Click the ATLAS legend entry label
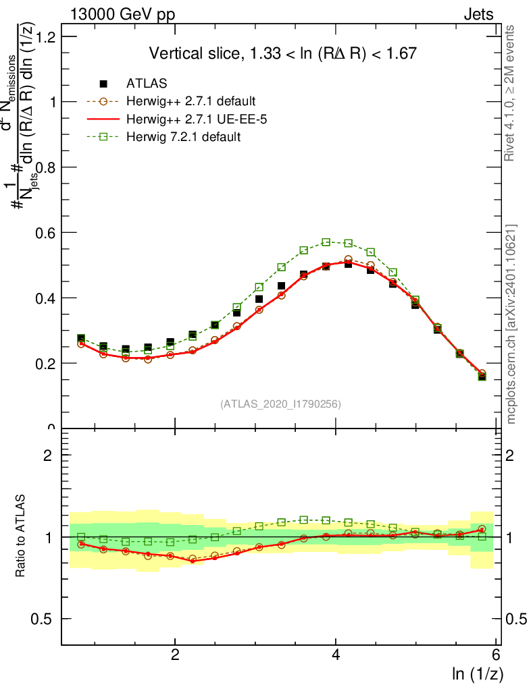[147, 84]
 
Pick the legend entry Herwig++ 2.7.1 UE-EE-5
[190, 119]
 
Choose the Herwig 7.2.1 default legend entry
[183, 137]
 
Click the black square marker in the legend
[103, 84]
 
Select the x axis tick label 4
[336, 655]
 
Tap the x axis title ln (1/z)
[478, 673]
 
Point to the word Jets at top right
[478, 15]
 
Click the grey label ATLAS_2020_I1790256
[280, 404]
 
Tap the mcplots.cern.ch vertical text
[511, 324]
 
